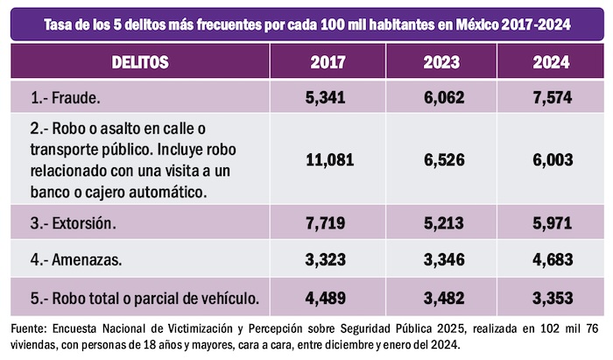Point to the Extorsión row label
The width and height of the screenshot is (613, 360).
click(x=73, y=223)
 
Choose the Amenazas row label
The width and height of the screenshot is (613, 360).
click(x=75, y=261)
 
